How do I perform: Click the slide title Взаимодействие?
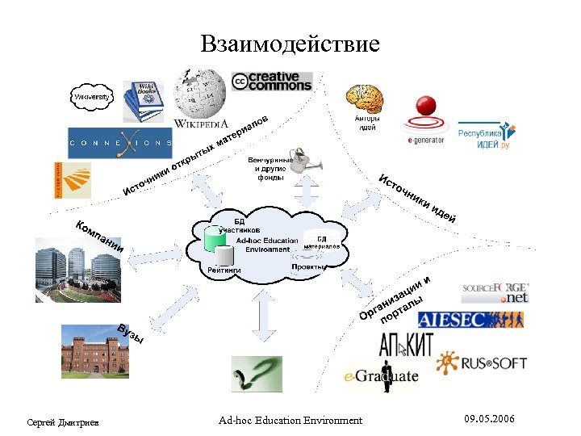[x=290, y=43]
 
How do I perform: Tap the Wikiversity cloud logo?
[x=92, y=99]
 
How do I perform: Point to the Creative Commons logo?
[x=271, y=82]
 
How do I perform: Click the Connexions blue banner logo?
[x=119, y=143]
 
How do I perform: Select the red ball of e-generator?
[x=425, y=108]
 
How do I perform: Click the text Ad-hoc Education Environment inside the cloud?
[x=264, y=245]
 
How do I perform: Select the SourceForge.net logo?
[x=495, y=291]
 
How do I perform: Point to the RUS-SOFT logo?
[x=482, y=362]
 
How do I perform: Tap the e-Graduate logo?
[x=382, y=376]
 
